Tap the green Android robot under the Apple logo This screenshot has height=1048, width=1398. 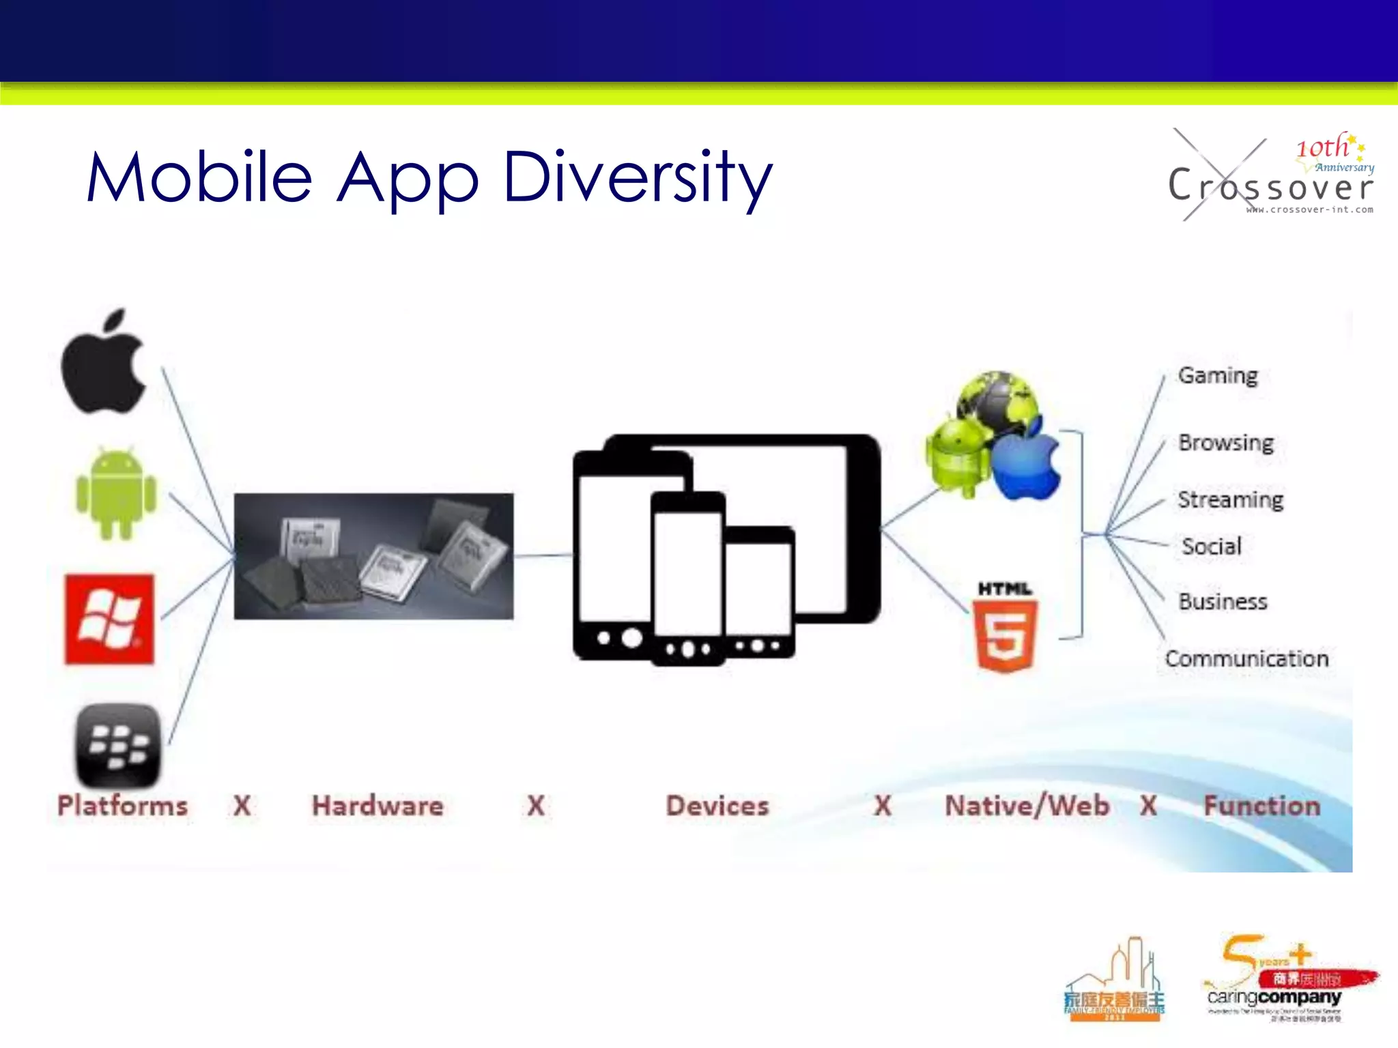coord(116,493)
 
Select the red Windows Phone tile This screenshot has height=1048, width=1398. coord(109,619)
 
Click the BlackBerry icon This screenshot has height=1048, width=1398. coord(118,744)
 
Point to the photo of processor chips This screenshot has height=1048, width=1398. coord(373,556)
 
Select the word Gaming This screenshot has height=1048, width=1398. coord(1217,376)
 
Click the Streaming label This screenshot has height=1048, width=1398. coord(1230,499)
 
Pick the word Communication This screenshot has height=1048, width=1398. coord(1246,658)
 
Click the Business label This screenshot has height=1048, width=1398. coord(1223,602)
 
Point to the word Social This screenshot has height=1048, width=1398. coord(1211,547)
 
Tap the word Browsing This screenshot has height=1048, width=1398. coord(1225,443)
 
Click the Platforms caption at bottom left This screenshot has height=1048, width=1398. coord(122,806)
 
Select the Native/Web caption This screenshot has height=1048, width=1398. coord(1026,806)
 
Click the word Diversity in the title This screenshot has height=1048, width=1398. coord(638,177)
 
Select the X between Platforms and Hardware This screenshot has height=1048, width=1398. coord(242,806)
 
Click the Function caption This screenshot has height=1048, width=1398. coord(1261,806)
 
